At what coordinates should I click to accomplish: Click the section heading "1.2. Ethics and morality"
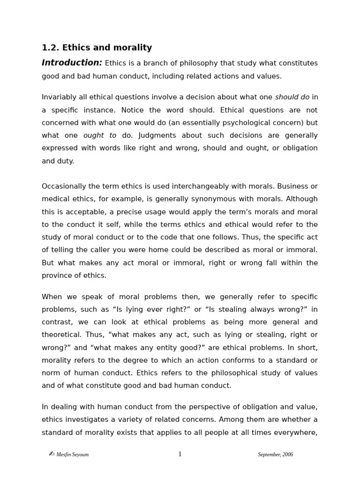[97, 47]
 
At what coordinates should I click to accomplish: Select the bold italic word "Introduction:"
[72, 63]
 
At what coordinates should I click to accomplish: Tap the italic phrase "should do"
[292, 97]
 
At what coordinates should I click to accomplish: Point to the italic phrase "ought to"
[100, 135]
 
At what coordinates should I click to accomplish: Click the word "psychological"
[240, 122]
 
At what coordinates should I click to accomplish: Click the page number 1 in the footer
[180, 454]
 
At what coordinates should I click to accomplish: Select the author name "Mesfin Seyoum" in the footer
[72, 454]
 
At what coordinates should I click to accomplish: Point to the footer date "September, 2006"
[275, 454]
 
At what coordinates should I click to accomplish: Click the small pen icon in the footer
[52, 453]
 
